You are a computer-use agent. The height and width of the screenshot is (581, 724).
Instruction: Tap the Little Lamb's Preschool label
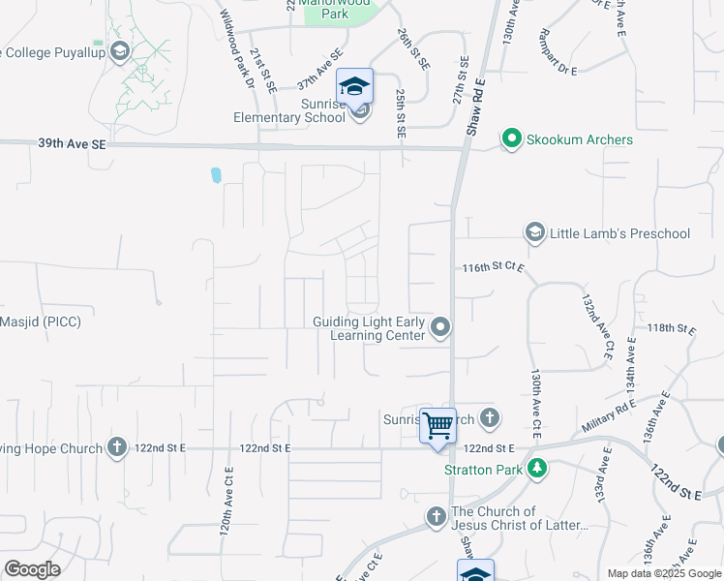point(619,233)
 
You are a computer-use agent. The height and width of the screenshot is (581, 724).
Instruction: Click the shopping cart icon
point(438,423)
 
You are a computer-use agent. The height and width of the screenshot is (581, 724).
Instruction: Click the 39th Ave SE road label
point(73,143)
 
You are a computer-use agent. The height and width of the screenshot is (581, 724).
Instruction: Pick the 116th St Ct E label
point(493,266)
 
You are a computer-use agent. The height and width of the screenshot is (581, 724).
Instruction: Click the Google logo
point(33,569)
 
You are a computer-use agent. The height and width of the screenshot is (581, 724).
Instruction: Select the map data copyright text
point(663,573)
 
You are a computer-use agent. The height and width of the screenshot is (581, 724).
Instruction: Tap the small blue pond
point(215,175)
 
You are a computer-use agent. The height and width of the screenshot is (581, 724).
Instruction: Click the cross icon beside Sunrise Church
point(490,418)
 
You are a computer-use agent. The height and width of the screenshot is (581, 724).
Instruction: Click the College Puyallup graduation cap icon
point(119,50)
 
